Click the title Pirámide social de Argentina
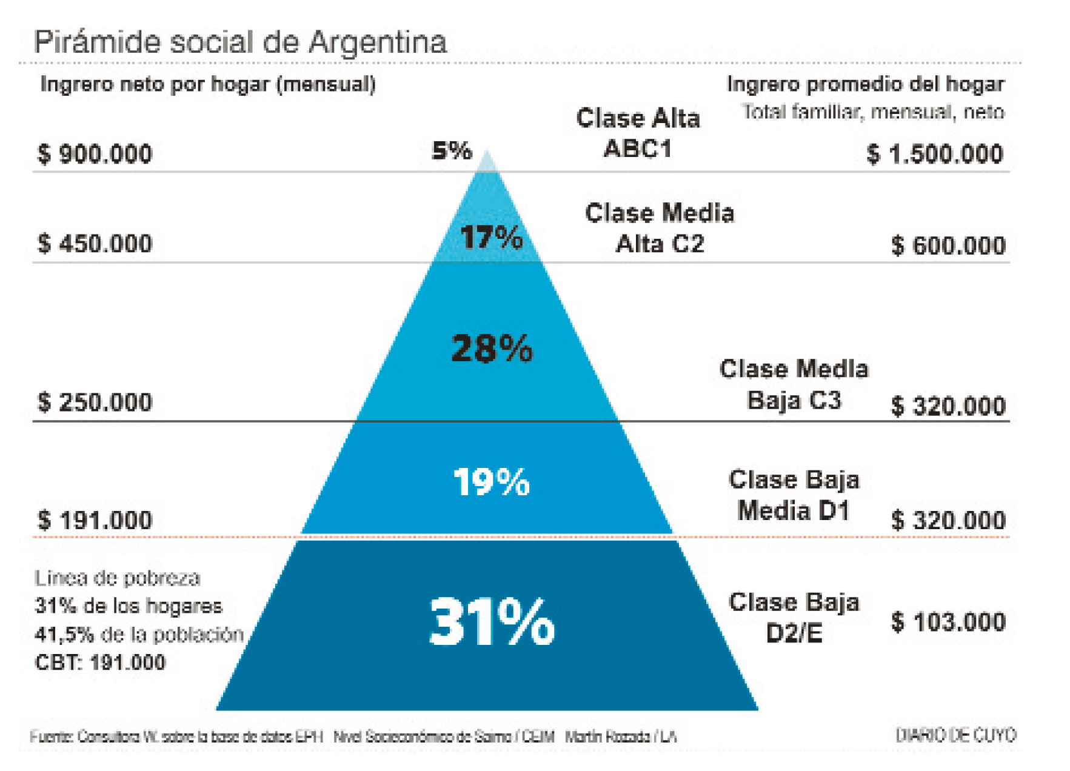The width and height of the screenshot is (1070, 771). point(240,42)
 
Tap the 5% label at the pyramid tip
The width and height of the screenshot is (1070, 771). point(452,150)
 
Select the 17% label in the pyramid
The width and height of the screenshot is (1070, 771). point(491,237)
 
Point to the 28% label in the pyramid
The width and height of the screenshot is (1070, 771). point(492,349)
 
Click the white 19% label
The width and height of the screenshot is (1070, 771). point(492,482)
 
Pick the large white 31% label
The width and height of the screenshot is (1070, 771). point(492,622)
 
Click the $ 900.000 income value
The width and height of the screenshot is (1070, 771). point(95,154)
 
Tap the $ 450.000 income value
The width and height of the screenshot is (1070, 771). point(95,244)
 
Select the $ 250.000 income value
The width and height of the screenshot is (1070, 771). point(95,402)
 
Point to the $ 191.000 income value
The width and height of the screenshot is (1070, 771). point(95,521)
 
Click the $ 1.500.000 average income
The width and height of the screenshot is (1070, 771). point(935,155)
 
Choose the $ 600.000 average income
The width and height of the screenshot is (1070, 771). point(948,245)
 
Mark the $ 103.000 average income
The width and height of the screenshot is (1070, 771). point(948,622)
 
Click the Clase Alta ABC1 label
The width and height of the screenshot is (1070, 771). point(638,133)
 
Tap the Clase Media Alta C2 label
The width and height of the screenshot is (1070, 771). point(660,229)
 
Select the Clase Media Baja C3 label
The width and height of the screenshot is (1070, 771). point(794,385)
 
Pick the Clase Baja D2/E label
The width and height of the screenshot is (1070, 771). point(794,618)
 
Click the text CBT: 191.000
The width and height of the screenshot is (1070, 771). point(100,663)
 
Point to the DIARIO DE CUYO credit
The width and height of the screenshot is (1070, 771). point(955,735)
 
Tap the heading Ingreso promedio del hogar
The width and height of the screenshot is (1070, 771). point(865,84)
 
